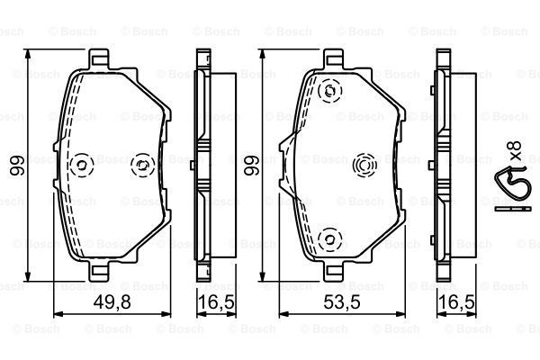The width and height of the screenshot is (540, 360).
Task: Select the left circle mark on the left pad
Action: [82, 165]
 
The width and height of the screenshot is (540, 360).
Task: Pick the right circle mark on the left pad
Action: [141, 165]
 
